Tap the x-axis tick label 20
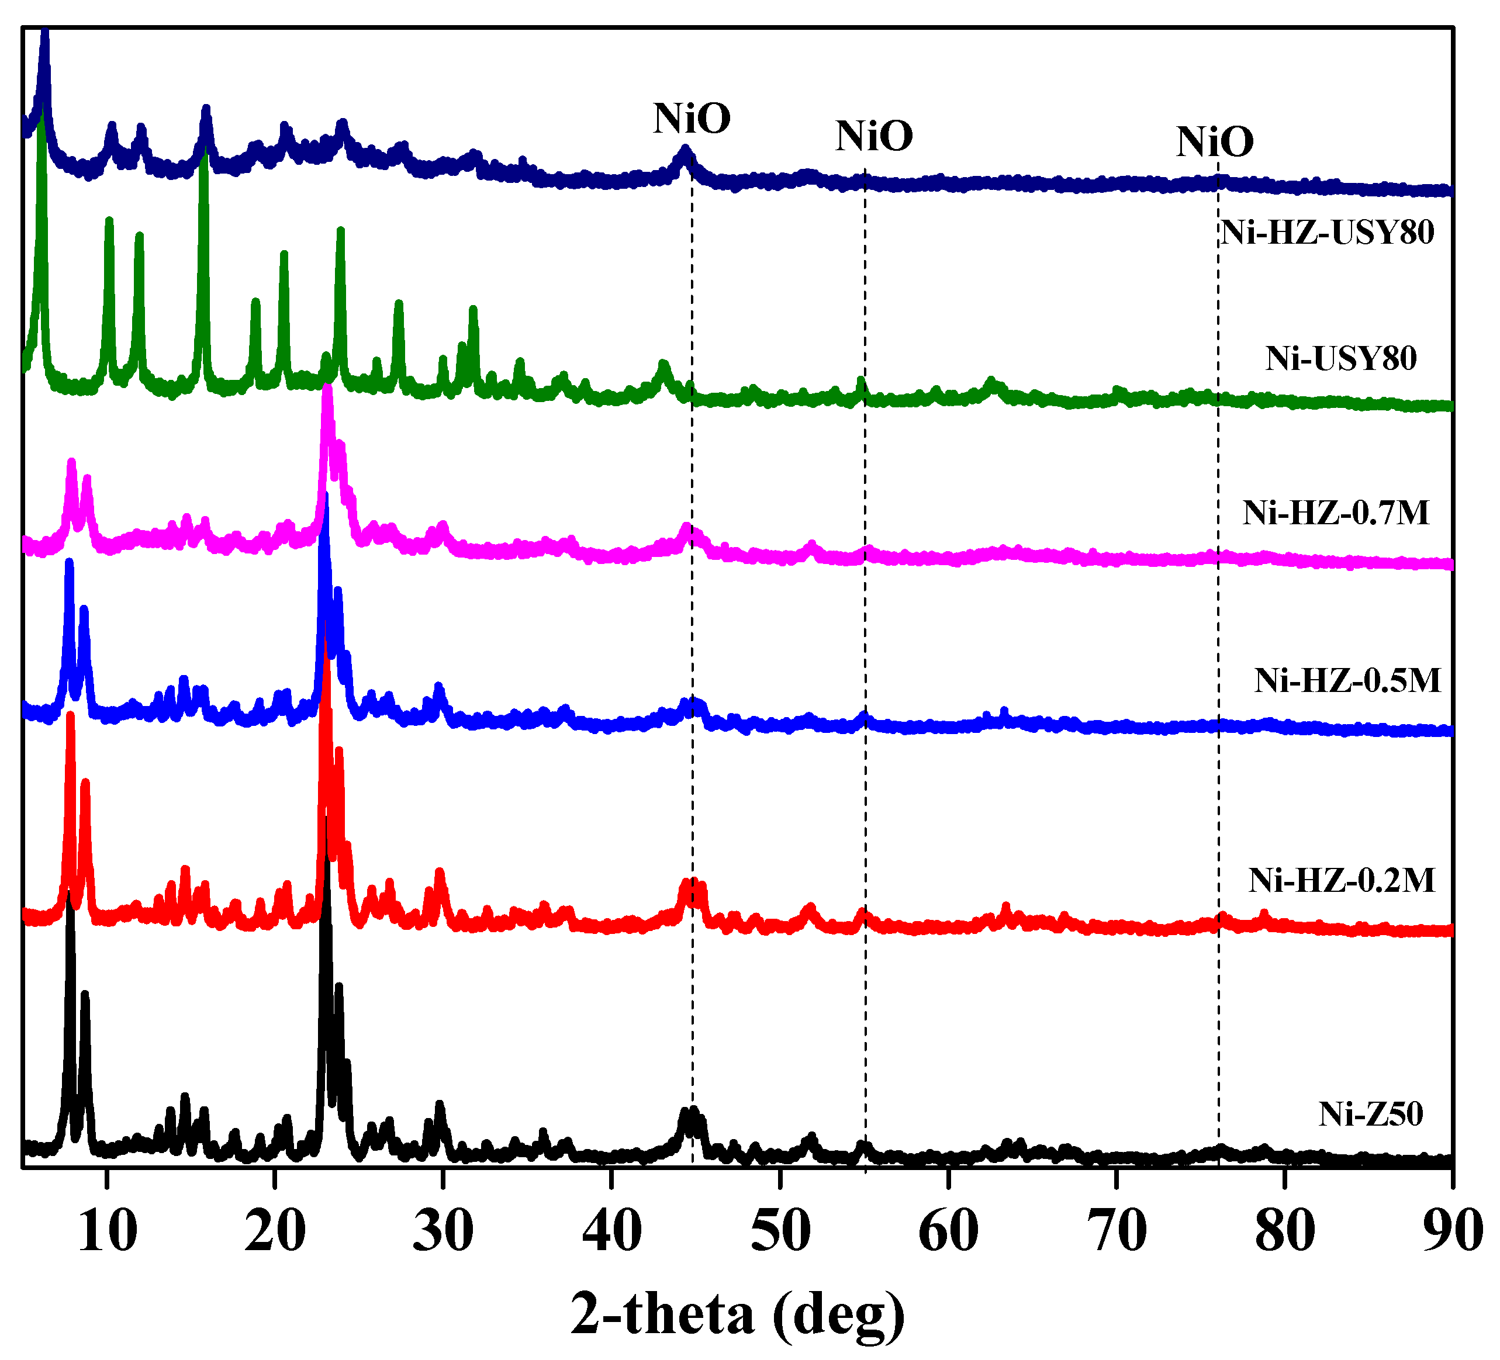tap(275, 1231)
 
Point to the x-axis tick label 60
tap(949, 1231)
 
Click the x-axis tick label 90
tap(1453, 1231)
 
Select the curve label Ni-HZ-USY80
tap(1328, 232)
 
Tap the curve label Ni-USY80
tap(1341, 359)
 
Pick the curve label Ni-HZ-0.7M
tap(1336, 513)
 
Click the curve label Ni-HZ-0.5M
tap(1347, 680)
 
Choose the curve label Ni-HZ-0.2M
tap(1342, 880)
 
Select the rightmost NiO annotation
tap(1214, 141)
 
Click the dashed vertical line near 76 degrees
tap(1218, 670)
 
